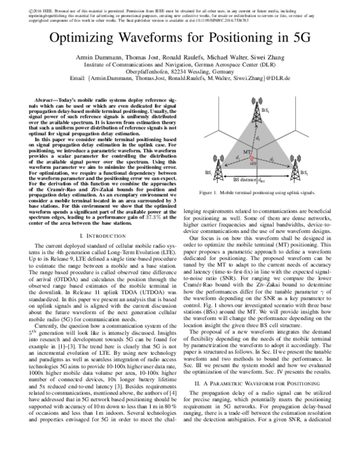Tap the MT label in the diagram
tap(247, 151)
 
